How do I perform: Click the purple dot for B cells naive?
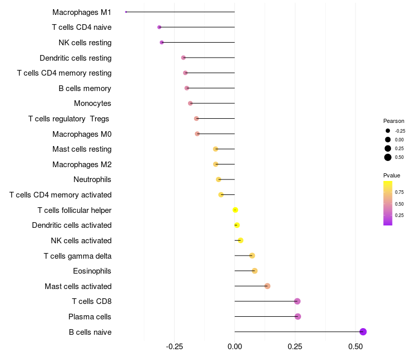pyautogui.click(x=363, y=332)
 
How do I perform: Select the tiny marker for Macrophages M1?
pyautogui.click(x=126, y=12)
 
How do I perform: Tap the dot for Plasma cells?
pyautogui.click(x=298, y=316)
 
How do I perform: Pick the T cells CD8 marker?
pyautogui.click(x=297, y=301)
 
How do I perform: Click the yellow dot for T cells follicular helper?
pyautogui.click(x=235, y=210)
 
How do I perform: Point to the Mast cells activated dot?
pyautogui.click(x=267, y=286)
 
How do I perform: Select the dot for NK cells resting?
pyautogui.click(x=162, y=42)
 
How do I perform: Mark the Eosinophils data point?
pyautogui.click(x=254, y=271)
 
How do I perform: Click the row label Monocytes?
pyautogui.click(x=92, y=103)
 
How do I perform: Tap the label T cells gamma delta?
pyautogui.click(x=78, y=256)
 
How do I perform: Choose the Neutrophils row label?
pyautogui.click(x=92, y=179)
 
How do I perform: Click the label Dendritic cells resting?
pyautogui.click(x=76, y=58)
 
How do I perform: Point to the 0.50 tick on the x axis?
pyautogui.click(x=356, y=347)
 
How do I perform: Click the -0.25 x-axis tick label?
pyautogui.click(x=174, y=347)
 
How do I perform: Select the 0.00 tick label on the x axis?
pyautogui.click(x=235, y=347)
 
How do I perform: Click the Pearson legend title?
pyautogui.click(x=394, y=121)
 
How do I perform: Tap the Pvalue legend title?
pyautogui.click(x=391, y=175)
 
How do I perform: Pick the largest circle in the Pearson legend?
pyautogui.click(x=388, y=157)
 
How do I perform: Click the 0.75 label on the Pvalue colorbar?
pyautogui.click(x=399, y=192)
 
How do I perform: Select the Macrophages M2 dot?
pyautogui.click(x=216, y=164)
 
